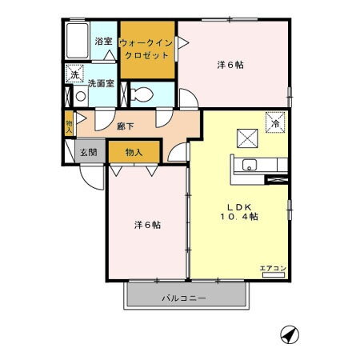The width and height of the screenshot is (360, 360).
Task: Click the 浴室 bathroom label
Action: [x=103, y=41]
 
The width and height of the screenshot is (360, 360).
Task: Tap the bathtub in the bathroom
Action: [x=78, y=41]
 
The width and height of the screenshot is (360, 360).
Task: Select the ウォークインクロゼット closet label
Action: [x=146, y=50]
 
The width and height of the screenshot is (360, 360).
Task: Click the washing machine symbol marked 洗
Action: [x=74, y=74]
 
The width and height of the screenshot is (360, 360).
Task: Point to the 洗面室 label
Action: [x=100, y=82]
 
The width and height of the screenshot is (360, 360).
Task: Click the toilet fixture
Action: [x=140, y=93]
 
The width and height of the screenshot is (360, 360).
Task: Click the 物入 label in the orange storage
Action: [x=134, y=152]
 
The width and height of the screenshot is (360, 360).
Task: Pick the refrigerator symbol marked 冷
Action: [x=275, y=122]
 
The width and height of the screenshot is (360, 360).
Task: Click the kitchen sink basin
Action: [x=248, y=167]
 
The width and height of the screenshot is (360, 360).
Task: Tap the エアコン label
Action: [x=272, y=268]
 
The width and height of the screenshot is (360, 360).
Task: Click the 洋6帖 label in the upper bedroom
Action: [x=230, y=65]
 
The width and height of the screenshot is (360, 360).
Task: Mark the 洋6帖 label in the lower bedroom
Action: [x=146, y=225]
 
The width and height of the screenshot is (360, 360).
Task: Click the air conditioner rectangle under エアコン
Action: [x=273, y=275]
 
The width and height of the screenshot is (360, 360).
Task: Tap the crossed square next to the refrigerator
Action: [x=247, y=137]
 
